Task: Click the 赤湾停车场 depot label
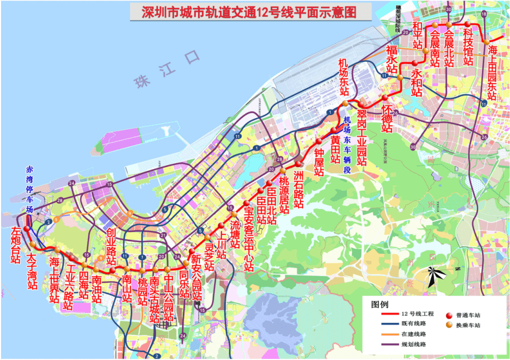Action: point(30,189)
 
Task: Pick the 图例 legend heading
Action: point(380,304)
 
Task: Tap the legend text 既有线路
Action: point(413,324)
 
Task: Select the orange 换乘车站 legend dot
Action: point(449,325)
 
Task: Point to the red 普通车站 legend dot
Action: point(449,314)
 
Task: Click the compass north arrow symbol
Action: point(438,274)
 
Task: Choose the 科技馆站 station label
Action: point(468,46)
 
